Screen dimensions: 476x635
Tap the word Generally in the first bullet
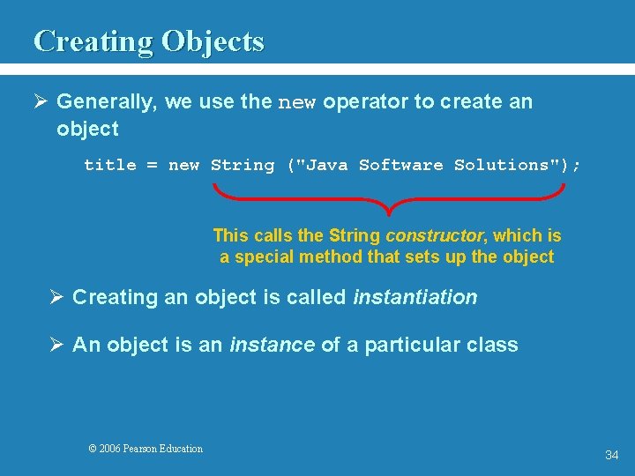[107, 102]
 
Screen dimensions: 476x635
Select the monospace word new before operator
[297, 103]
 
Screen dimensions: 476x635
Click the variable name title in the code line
[110, 165]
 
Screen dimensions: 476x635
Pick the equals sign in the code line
[153, 166]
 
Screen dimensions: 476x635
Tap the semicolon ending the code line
[577, 166]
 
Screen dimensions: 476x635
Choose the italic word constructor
[434, 236]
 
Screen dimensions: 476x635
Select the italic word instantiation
[415, 298]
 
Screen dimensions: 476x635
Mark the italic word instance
[272, 345]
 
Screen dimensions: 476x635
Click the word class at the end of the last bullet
[494, 345]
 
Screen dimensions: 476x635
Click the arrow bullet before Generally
[41, 102]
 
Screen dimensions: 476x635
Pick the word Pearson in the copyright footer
[142, 449]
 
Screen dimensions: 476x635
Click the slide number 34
[611, 455]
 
